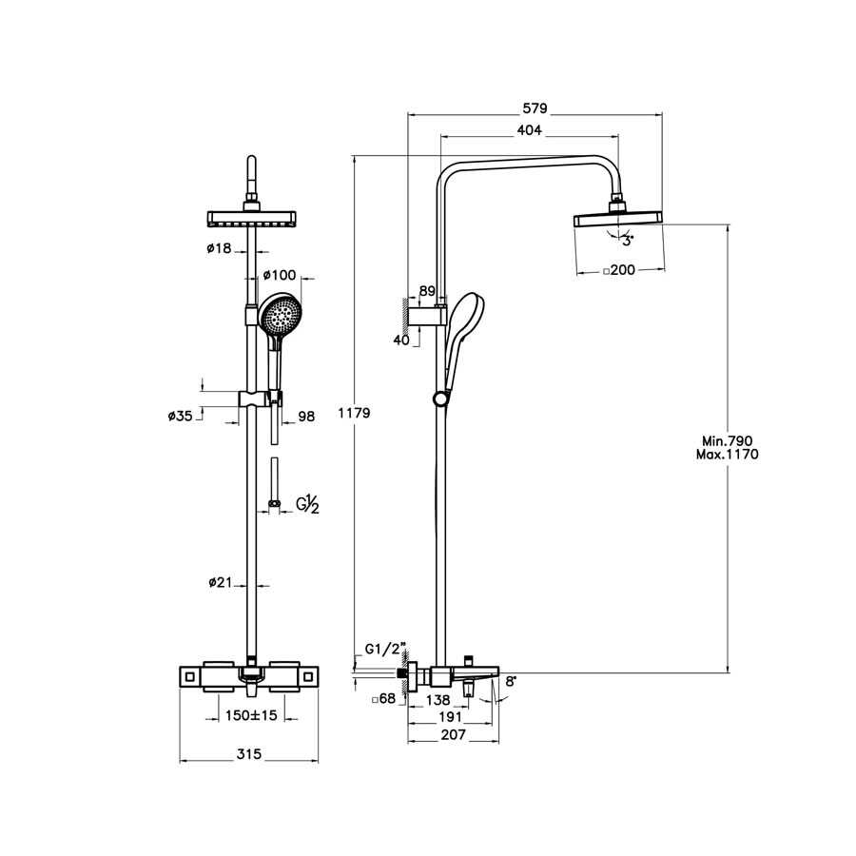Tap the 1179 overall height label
tap(354, 414)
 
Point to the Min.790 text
tap(728, 441)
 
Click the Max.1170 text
tap(728, 455)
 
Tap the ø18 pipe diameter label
tap(219, 248)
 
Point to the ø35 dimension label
tap(181, 416)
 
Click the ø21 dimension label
tap(219, 583)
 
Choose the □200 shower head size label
tap(619, 271)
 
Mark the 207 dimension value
tap(453, 735)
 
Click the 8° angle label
tap(511, 681)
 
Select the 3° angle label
tap(627, 242)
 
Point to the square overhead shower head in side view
tap(618, 220)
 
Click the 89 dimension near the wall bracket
tap(427, 292)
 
